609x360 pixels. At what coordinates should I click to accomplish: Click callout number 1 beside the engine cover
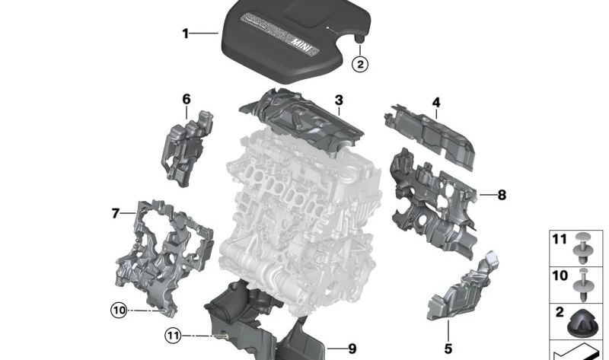(x=185, y=33)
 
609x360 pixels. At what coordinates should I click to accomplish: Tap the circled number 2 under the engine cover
(x=360, y=65)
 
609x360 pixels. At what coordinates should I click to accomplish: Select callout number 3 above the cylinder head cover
(x=339, y=100)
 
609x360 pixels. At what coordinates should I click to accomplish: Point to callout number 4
(x=436, y=103)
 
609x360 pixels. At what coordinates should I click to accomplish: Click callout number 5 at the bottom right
(x=448, y=349)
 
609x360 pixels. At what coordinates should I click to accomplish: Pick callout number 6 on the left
(x=187, y=99)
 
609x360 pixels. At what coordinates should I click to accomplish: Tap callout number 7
(x=116, y=214)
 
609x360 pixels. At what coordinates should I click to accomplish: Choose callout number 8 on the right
(x=502, y=196)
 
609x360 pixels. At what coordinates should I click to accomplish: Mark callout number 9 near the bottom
(x=352, y=349)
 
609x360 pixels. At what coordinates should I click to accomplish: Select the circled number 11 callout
(x=174, y=335)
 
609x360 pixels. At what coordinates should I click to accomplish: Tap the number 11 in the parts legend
(x=560, y=240)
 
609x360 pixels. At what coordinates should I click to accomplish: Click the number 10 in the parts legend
(x=560, y=276)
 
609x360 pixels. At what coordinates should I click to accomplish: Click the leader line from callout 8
(x=487, y=196)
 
